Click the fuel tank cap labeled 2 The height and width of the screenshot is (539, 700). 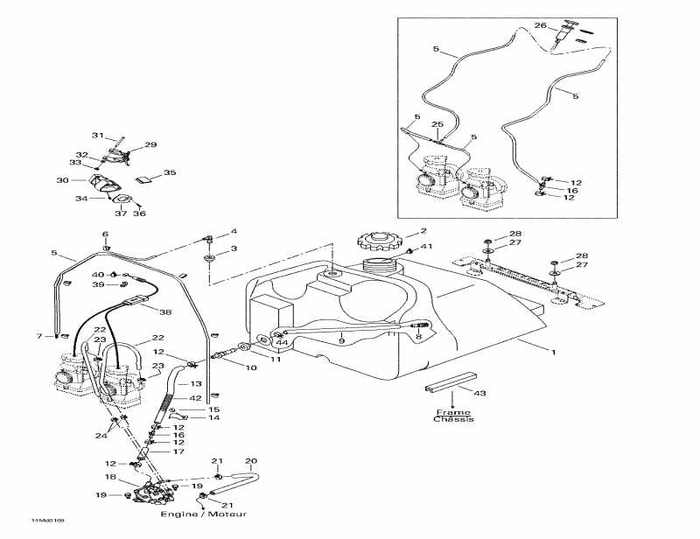(x=378, y=241)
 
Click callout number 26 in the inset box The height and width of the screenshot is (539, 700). (x=541, y=25)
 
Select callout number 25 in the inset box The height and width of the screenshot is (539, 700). (x=438, y=125)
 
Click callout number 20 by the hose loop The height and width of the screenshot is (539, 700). (x=250, y=461)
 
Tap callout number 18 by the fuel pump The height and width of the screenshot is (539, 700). (x=110, y=478)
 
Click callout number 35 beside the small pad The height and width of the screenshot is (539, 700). (x=169, y=172)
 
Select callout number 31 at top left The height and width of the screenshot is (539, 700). (x=99, y=136)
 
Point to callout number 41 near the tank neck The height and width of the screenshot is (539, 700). (x=428, y=248)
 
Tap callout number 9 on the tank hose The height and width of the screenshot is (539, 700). (x=342, y=339)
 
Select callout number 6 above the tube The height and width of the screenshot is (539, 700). (x=105, y=234)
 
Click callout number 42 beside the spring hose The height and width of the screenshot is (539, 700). (x=197, y=398)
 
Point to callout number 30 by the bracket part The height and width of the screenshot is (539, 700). (x=62, y=180)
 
